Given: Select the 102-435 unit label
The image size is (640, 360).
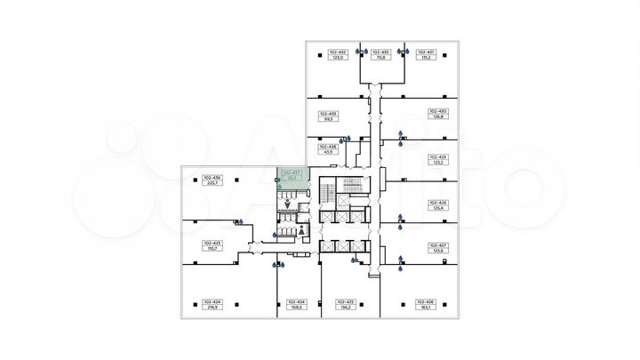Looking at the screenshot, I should pos(380,55).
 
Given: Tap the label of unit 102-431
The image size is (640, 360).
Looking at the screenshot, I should pos(426,55).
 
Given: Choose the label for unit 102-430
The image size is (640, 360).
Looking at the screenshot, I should pos(437,113).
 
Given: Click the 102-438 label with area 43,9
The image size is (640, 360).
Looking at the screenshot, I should pos(328,149).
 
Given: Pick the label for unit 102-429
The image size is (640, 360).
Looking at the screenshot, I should pos(437,160).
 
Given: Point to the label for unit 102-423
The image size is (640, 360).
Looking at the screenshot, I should pos(212,245).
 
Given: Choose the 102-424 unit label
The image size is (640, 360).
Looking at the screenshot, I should pos(212,305).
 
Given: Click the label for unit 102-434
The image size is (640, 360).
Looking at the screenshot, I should pos(297,305).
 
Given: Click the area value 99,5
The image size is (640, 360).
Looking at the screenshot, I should pos(328,118).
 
